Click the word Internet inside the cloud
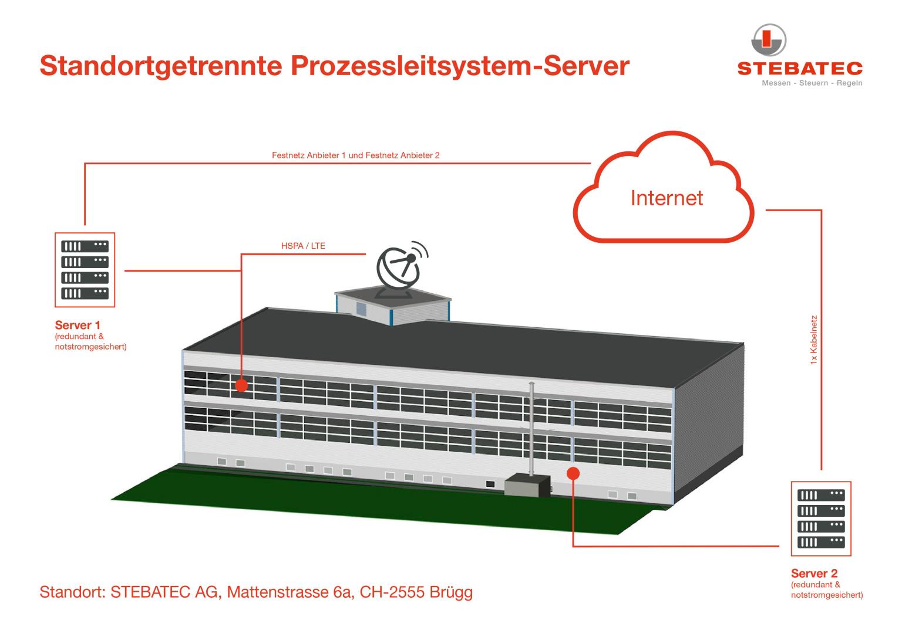[667, 198]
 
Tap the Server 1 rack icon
[85, 270]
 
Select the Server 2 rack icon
[821, 519]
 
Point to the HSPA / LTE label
[303, 246]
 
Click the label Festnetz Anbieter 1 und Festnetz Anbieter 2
[355, 155]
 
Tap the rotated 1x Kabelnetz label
[814, 340]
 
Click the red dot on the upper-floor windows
[241, 385]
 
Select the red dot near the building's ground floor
[573, 473]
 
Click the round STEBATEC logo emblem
[769, 40]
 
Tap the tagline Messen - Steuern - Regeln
[812, 83]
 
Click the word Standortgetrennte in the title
[161, 66]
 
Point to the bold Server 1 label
[78, 325]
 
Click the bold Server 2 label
[814, 573]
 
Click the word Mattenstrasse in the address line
[278, 592]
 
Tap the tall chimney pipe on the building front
[531, 429]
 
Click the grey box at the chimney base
[527, 486]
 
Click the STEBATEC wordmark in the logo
[800, 69]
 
